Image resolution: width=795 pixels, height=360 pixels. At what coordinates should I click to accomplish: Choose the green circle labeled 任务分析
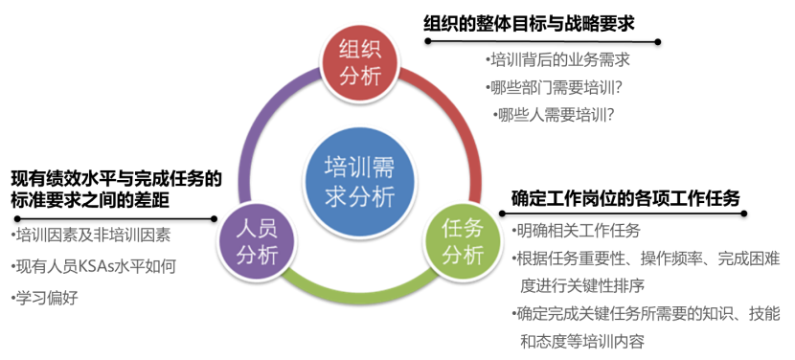(463, 242)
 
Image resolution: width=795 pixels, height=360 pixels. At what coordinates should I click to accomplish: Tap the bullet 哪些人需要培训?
(556, 115)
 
